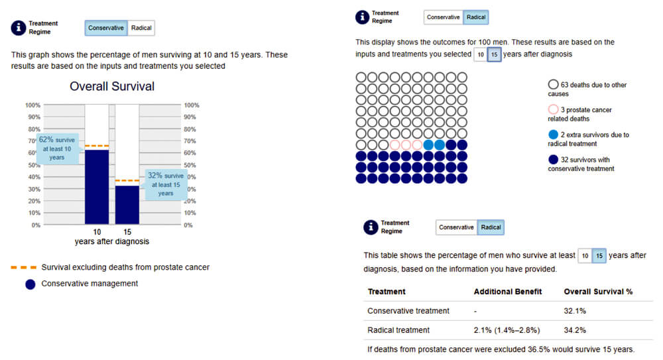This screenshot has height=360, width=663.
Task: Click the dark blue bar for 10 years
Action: click(x=97, y=187)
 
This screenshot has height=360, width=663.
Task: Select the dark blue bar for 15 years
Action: click(x=127, y=205)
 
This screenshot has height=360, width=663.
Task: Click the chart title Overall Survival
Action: click(x=112, y=86)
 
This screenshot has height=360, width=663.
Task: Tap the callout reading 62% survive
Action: click(x=57, y=149)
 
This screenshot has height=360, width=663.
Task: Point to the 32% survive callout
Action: click(x=166, y=184)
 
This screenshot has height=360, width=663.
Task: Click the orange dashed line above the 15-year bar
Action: click(x=127, y=180)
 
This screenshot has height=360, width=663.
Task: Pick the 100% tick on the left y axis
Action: click(x=33, y=105)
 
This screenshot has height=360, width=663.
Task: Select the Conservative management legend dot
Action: click(x=30, y=284)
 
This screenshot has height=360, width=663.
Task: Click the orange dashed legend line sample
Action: click(x=24, y=267)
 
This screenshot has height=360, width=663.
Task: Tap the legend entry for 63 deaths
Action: click(x=587, y=89)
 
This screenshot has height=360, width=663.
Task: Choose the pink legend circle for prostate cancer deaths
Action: click(x=553, y=109)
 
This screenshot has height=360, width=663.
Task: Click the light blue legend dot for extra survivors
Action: click(x=553, y=135)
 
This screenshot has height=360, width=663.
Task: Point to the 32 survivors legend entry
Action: click(x=581, y=164)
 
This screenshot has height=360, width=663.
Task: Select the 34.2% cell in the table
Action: click(x=575, y=330)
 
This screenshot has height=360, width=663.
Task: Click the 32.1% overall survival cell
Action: click(x=575, y=311)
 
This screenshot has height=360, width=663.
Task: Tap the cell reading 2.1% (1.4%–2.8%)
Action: click(x=507, y=330)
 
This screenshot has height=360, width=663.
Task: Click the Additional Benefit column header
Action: click(x=507, y=292)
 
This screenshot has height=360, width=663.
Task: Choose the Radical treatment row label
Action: click(x=398, y=330)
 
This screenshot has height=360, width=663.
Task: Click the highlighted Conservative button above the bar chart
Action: click(x=105, y=28)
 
